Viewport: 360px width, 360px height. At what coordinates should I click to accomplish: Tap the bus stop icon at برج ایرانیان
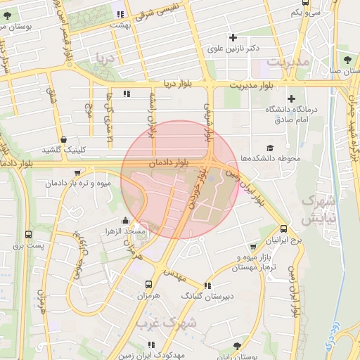283,229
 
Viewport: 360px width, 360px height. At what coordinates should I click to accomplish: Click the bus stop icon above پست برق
28,235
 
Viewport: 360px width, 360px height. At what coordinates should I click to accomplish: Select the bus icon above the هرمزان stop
148,285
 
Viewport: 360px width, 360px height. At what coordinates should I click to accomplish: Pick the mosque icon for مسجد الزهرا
125,221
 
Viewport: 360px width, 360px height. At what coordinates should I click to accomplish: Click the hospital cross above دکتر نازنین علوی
234,37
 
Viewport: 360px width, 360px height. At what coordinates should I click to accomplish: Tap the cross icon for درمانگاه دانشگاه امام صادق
291,98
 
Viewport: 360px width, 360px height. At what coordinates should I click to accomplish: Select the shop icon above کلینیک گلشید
65,139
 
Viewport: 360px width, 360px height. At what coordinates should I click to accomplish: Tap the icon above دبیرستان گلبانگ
207,285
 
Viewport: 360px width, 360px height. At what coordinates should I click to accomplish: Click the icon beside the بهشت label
122,13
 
